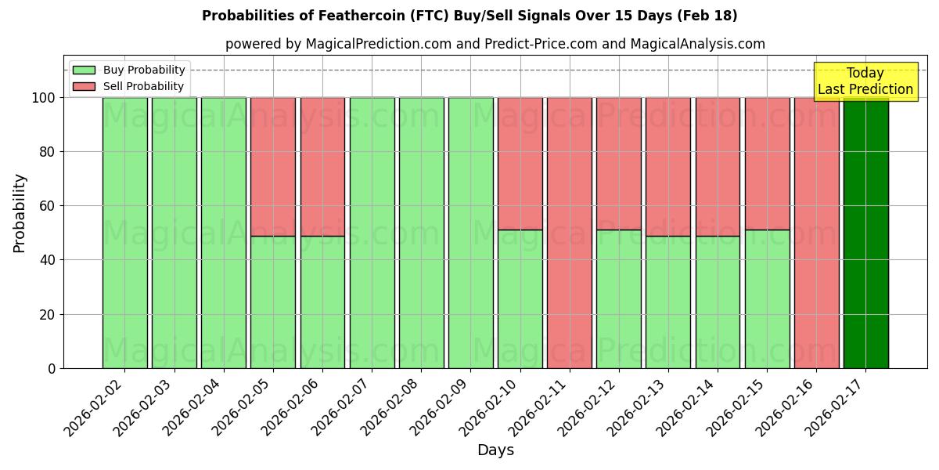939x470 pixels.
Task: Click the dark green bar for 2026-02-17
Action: (865, 233)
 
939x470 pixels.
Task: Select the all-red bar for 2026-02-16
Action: (816, 233)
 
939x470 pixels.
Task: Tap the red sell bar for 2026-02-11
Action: (569, 233)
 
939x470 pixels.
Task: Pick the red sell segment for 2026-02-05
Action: (272, 166)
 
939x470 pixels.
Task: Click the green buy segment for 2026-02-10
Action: (520, 298)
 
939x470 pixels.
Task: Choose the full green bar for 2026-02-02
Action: (124, 233)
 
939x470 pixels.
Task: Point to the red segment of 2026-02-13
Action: (667, 166)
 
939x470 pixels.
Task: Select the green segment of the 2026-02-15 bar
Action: (767, 298)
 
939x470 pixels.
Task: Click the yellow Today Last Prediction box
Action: (865, 81)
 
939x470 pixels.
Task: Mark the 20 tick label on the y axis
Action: (48, 314)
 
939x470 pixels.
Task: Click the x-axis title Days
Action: (495, 450)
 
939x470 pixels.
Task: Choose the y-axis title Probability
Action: (20, 212)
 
